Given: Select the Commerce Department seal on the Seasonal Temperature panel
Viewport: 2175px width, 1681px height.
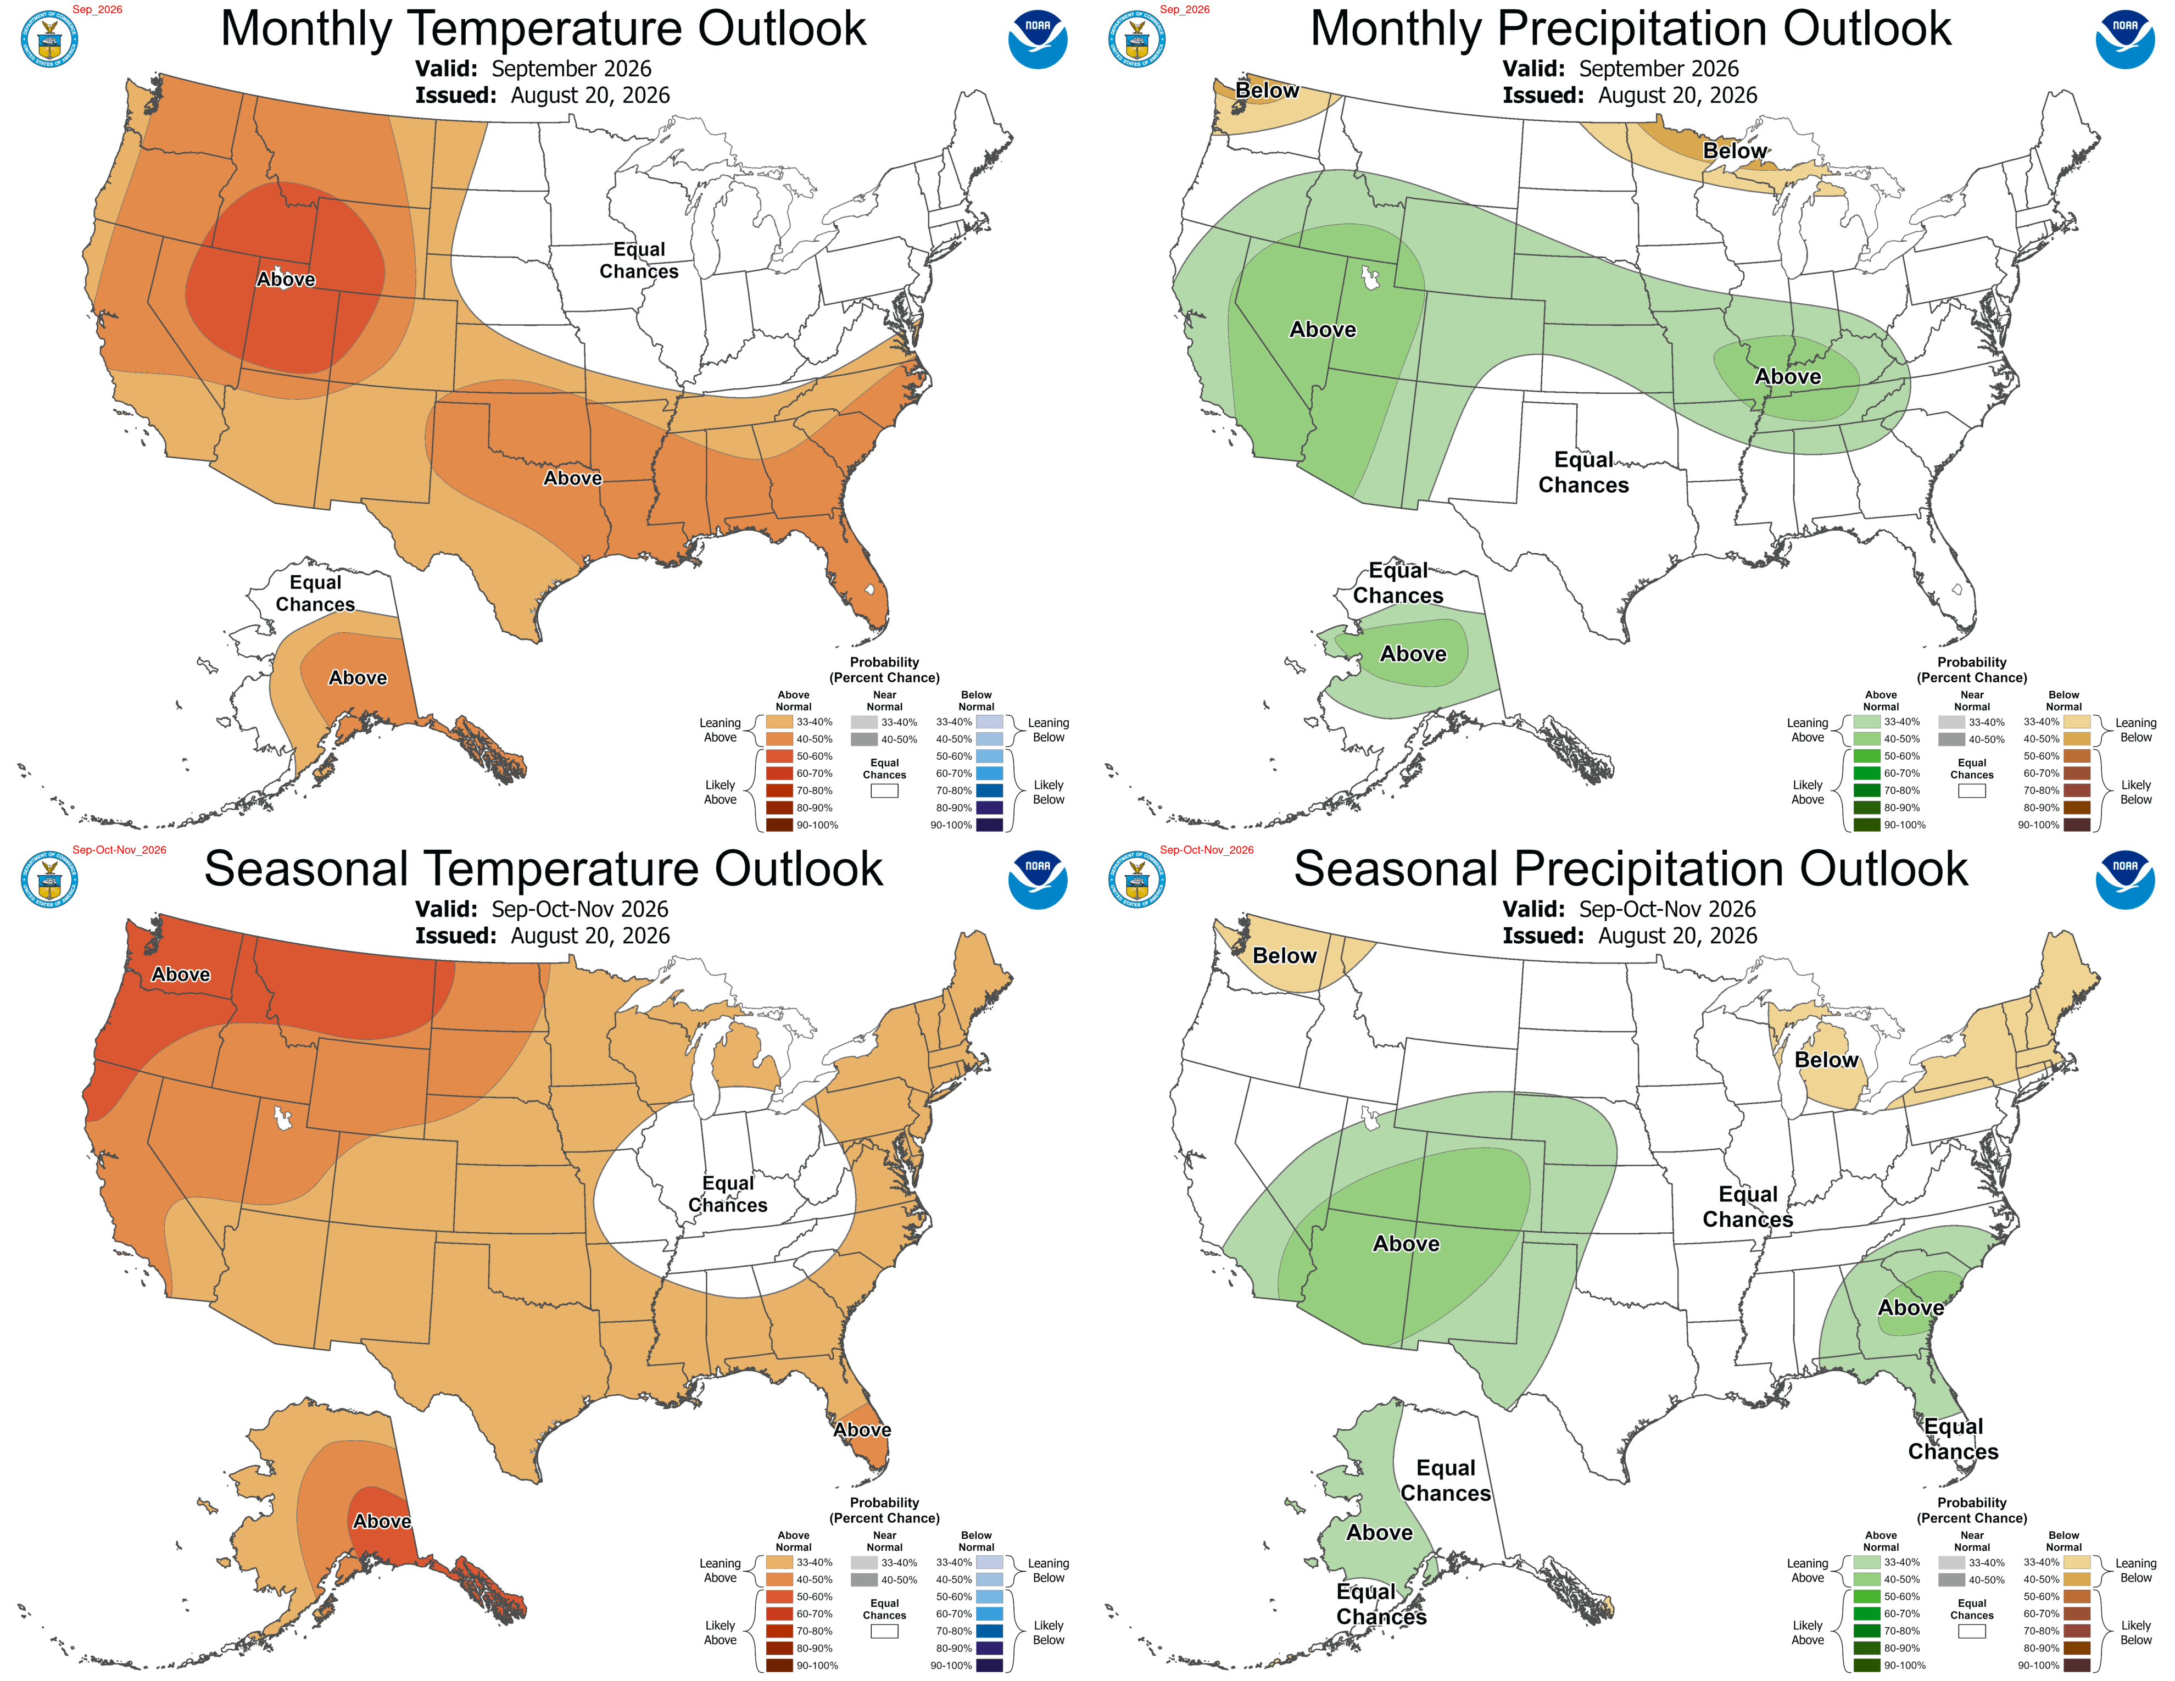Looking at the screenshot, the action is [50, 880].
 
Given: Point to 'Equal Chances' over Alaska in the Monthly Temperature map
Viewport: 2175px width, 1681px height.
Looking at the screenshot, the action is [315, 593].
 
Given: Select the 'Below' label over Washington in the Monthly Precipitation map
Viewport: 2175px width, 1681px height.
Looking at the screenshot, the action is [1267, 91].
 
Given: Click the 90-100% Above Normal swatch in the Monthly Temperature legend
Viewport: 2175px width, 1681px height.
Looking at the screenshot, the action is [779, 825].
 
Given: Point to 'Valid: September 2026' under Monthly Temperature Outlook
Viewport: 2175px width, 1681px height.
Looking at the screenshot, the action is [533, 69].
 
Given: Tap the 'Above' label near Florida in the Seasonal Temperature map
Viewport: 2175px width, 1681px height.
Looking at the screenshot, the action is [862, 1430].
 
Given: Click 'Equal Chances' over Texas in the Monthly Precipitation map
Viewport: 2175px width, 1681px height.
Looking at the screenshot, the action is [1583, 472].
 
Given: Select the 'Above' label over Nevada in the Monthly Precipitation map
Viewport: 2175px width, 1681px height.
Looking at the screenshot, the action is [1323, 330].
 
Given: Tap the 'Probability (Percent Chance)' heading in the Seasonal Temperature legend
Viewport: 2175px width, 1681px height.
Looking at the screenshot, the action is [884, 1510].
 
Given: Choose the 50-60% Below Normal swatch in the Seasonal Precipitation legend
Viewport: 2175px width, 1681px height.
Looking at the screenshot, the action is [2076, 1596].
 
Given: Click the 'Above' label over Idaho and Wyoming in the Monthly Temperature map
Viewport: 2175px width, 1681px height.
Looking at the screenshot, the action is [286, 280].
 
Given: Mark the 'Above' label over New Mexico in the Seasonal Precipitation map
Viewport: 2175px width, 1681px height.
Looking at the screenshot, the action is [1406, 1244].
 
